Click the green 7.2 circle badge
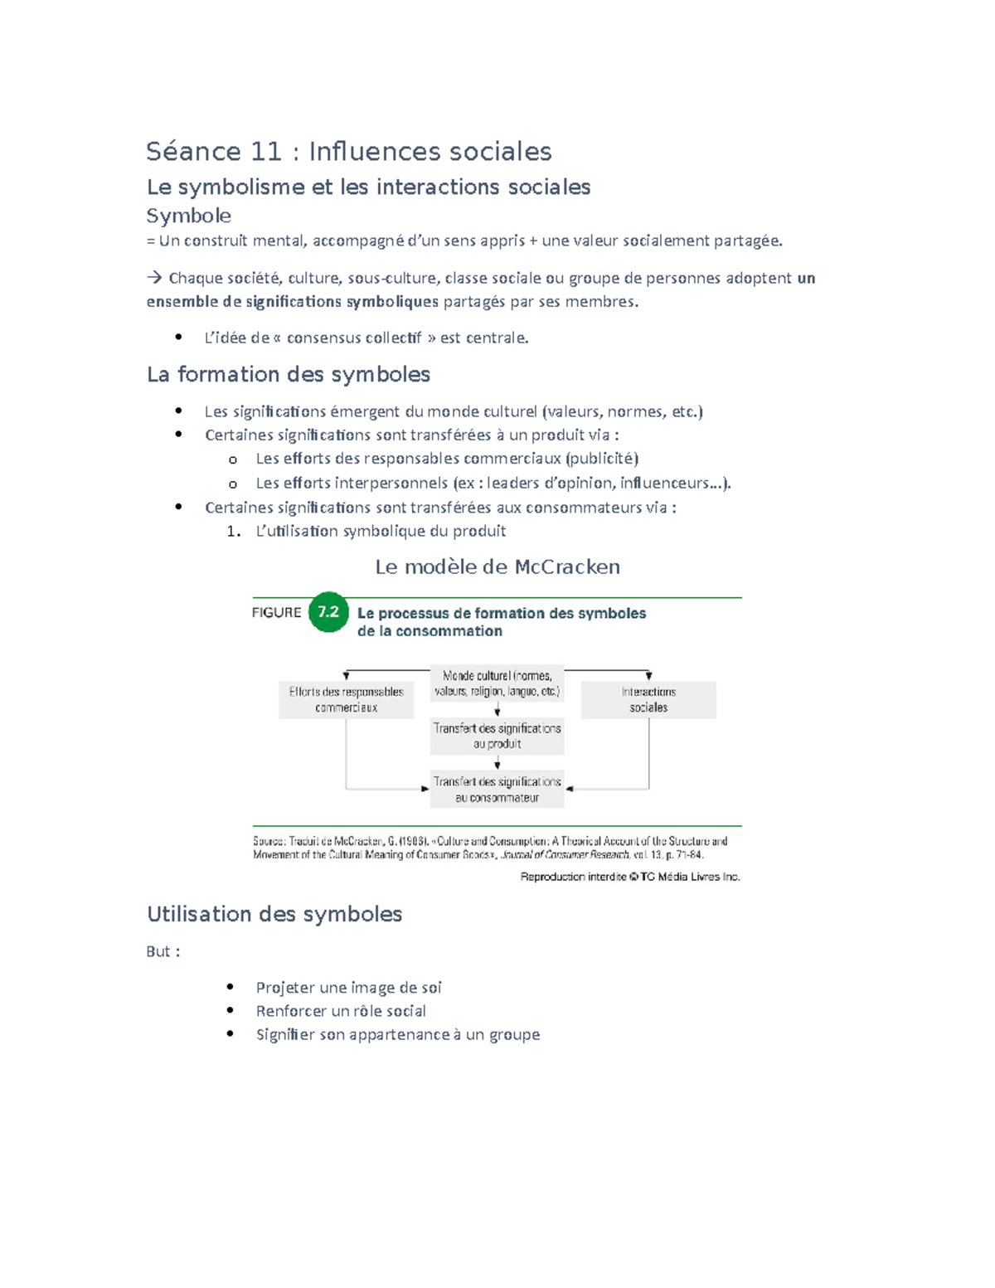(328, 612)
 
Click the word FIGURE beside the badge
(276, 613)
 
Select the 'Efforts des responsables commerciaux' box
(346, 699)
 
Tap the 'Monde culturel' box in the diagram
(497, 683)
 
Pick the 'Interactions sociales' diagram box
(648, 699)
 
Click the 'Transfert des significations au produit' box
(497, 736)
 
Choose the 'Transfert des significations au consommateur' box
(497, 790)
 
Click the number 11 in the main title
(266, 152)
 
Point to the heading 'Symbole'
(188, 216)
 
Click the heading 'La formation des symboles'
(288, 375)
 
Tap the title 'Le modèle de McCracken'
(498, 567)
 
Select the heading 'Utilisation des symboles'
(274, 914)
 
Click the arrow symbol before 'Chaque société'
(154, 278)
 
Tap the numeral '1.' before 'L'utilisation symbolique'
(234, 532)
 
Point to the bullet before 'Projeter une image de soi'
(231, 987)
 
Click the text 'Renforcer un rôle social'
(341, 1011)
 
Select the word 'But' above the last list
(158, 951)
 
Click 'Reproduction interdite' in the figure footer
(572, 877)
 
